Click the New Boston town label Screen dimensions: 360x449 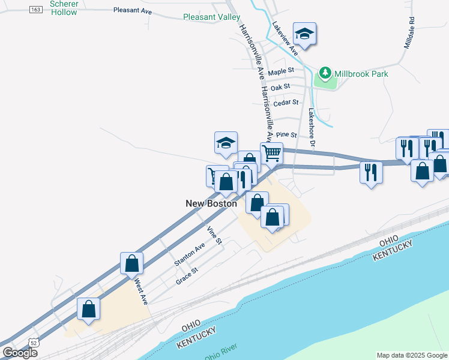click(x=211, y=203)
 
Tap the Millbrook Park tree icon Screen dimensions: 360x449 click(x=325, y=74)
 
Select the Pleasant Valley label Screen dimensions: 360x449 click(x=212, y=17)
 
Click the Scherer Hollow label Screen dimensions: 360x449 click(x=64, y=8)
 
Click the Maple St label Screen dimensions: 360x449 click(x=281, y=71)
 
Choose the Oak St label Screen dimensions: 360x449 click(x=280, y=87)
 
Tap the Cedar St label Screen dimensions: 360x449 click(x=286, y=103)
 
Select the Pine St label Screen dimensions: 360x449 click(x=287, y=136)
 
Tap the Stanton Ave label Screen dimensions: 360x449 click(x=189, y=254)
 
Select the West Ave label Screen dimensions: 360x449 click(x=140, y=290)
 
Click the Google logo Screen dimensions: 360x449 click(x=20, y=353)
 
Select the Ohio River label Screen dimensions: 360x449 click(x=221, y=352)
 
